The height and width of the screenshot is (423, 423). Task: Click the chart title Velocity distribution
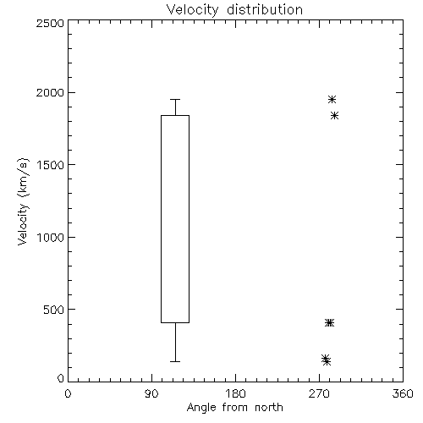coord(234,10)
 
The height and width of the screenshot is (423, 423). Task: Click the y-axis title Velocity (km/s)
coord(23,201)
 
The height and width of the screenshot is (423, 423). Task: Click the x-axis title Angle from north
coord(234,408)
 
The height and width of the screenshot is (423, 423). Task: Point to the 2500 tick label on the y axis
coord(50,23)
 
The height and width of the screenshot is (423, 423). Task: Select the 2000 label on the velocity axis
coord(50,92)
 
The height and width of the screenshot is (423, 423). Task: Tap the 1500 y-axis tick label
coord(51,165)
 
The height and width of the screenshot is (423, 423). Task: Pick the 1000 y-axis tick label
coord(51,237)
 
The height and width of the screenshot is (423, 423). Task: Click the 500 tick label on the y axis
coord(54,310)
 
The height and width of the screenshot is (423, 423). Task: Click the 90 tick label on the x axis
coord(151,393)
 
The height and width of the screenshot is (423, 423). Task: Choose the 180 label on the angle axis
coord(235,393)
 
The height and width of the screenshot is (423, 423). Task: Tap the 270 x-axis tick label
coord(319,393)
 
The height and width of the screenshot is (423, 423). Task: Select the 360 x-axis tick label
coord(403,393)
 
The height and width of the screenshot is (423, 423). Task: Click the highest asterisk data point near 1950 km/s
coord(332,99)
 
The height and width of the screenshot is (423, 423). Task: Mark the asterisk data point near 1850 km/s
coord(334,115)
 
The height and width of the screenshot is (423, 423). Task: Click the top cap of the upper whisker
coord(175,99)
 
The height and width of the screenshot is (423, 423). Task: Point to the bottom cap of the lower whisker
coord(175,361)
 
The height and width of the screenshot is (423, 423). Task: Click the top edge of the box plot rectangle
coord(175,115)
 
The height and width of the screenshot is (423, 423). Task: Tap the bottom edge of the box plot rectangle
coord(175,322)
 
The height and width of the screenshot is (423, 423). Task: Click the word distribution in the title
coord(265,10)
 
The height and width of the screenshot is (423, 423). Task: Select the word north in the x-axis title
coord(269,408)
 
